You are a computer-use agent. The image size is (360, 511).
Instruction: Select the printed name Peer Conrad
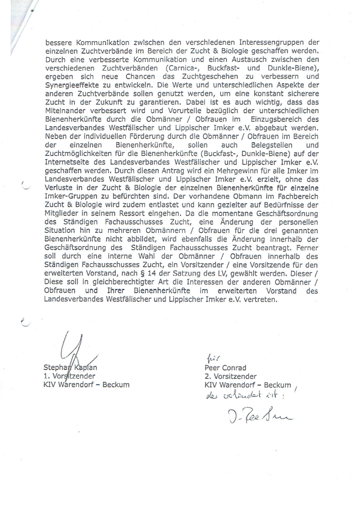(x=226, y=368)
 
